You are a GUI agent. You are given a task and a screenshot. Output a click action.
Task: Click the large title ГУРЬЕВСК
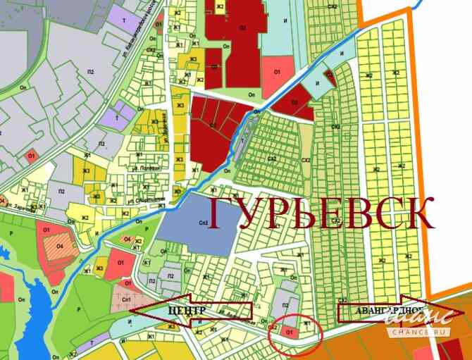point(321,213)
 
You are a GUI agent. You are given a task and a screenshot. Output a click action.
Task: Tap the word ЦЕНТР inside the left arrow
point(187,311)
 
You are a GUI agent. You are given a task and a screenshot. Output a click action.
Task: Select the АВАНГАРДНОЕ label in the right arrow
point(380,311)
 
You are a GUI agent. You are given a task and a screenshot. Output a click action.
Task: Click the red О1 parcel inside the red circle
point(290,329)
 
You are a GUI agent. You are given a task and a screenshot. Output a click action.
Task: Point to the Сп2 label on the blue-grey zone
point(203,223)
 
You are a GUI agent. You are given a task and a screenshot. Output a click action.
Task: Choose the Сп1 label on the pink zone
point(128,300)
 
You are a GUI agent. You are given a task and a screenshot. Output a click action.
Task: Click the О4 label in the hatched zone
point(59,245)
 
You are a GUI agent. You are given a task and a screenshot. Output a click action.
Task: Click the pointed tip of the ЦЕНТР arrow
point(131,311)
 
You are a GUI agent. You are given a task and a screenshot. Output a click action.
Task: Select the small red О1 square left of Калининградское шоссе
point(30,156)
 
